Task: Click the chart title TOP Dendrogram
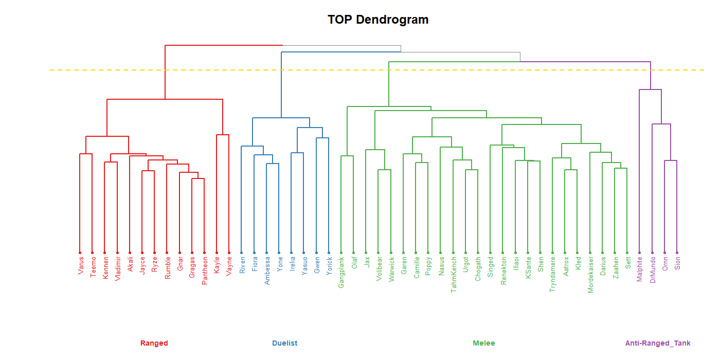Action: [x=378, y=20]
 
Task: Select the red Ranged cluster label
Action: [x=154, y=343]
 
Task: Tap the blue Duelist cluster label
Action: [x=284, y=343]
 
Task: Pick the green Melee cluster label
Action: [x=483, y=343]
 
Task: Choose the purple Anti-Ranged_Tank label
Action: [x=658, y=343]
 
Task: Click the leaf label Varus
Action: [x=80, y=266]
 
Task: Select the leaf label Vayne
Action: [x=229, y=266]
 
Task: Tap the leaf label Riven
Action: [x=242, y=266]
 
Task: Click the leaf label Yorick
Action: [x=329, y=266]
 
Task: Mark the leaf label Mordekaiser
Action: [x=590, y=275]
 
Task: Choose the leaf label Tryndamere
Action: [x=553, y=274]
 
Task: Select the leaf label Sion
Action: [x=677, y=264]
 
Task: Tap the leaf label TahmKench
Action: [x=454, y=275]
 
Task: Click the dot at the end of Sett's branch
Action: [x=627, y=253]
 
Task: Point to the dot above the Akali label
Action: [x=130, y=253]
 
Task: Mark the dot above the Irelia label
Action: [x=292, y=253]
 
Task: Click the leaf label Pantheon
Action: [x=205, y=271]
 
